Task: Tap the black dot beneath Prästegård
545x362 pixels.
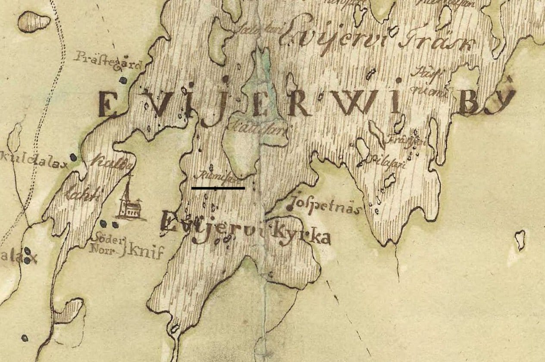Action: (123, 80)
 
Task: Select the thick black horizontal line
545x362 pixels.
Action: (218, 188)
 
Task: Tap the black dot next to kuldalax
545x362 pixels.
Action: (73, 157)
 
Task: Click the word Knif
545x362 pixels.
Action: (142, 252)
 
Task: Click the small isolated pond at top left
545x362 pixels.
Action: (34, 21)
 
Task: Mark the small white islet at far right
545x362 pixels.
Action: (520, 239)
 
